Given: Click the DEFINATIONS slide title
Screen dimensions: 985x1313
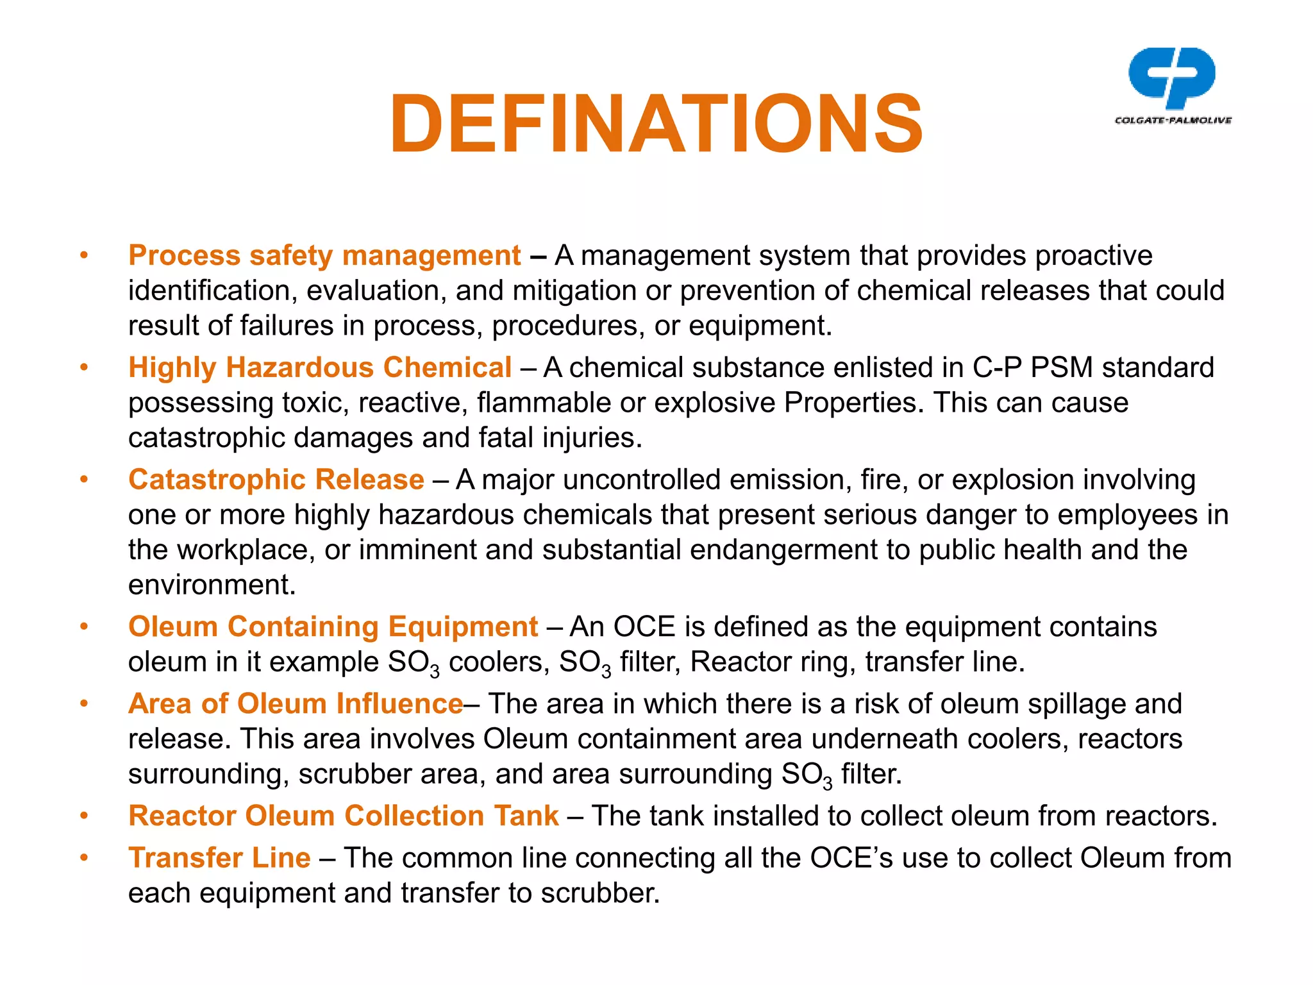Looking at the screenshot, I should coord(656,124).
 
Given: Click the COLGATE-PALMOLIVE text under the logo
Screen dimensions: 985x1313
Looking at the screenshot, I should coord(1173,120).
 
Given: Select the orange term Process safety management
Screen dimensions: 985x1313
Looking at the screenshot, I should coord(324,256).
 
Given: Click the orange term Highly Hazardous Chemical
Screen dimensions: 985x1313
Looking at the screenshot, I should coord(320,368).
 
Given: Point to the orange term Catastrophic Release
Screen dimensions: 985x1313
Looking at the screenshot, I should coord(276,480).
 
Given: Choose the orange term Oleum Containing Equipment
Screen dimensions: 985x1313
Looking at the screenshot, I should coord(333,627).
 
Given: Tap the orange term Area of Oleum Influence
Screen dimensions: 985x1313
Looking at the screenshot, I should coord(296,704).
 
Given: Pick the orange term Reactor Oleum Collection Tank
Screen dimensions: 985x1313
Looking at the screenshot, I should coord(344,816).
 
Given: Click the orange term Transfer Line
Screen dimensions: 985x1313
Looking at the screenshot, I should coord(219,858).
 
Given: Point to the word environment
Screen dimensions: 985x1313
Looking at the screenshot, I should coord(212,585).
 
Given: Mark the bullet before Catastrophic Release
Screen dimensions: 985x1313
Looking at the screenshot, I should coord(83,480).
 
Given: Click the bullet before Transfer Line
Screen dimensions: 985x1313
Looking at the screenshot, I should coord(83,858).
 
